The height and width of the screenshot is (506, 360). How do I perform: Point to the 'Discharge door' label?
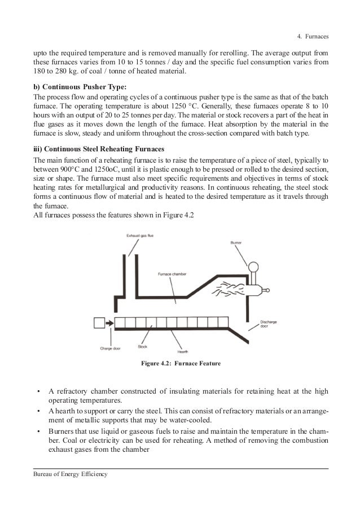coord(269,323)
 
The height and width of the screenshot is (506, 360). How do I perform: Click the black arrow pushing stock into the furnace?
coord(109,324)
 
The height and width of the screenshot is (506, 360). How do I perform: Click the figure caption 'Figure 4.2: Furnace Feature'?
coord(180,363)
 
